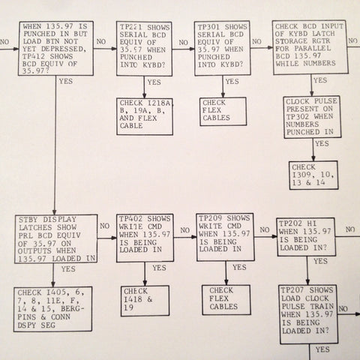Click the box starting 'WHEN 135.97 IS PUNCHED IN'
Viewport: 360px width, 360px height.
pyautogui.click(x=56, y=48)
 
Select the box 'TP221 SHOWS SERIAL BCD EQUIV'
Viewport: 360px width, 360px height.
pyautogui.click(x=144, y=49)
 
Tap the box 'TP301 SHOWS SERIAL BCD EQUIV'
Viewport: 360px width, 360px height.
pyautogui.click(x=223, y=48)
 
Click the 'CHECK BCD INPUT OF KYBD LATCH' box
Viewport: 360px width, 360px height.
pyautogui.click(x=310, y=47)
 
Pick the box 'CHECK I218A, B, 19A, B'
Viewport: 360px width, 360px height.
pyautogui.click(x=145, y=116)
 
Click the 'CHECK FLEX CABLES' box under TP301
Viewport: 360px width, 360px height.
pyautogui.click(x=223, y=111)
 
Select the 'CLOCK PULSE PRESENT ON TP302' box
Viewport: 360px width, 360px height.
pyautogui.click(x=312, y=117)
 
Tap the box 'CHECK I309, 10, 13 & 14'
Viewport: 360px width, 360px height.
pyautogui.click(x=313, y=175)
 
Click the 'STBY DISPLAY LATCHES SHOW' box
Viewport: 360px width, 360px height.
pyautogui.click(x=56, y=238)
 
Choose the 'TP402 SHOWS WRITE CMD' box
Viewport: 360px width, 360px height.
pyautogui.click(x=145, y=238)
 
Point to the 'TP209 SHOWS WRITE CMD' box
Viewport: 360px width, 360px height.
pyautogui.click(x=225, y=237)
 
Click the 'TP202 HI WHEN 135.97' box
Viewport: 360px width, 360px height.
pyautogui.click(x=306, y=237)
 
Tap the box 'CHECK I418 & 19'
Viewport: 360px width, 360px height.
pyautogui.click(x=145, y=301)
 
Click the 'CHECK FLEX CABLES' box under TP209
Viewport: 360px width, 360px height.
pyautogui.click(x=226, y=299)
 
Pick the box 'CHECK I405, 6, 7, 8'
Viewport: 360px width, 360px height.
pyautogui.click(x=53, y=309)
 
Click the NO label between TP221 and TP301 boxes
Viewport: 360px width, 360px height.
pyautogui.click(x=183, y=43)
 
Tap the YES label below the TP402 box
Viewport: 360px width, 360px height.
pyautogui.click(x=159, y=268)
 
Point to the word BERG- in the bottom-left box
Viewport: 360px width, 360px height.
pyautogui.click(x=73, y=309)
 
